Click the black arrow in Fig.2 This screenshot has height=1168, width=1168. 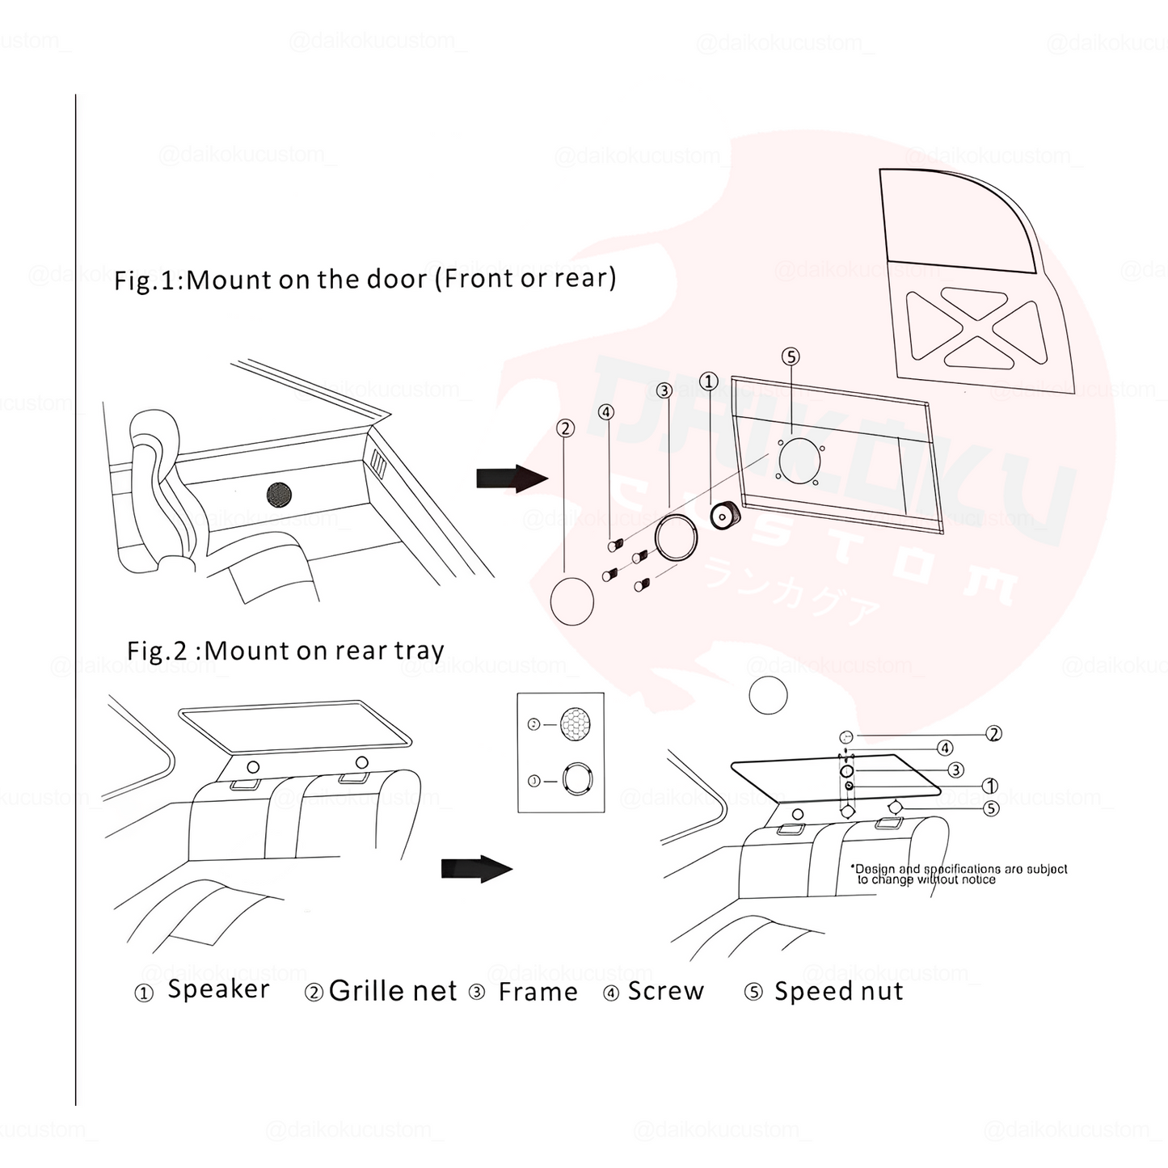tap(476, 869)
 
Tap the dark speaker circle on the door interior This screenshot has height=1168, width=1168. tap(280, 494)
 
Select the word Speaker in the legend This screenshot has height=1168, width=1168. tap(218, 989)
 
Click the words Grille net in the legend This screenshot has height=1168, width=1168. tap(393, 991)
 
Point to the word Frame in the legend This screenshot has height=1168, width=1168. tap(538, 992)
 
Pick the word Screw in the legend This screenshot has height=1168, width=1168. tap(665, 991)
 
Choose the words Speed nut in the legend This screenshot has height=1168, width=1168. tap(838, 991)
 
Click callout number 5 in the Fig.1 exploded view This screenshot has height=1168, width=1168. tap(791, 356)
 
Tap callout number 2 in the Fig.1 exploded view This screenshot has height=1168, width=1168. tap(566, 428)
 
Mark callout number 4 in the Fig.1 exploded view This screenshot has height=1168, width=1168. tap(606, 412)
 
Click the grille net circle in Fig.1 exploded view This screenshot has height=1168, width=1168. tap(571, 601)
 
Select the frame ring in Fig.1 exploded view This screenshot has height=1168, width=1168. tap(677, 538)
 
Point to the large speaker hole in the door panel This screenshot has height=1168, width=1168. tap(799, 458)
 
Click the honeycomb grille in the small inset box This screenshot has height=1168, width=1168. tap(576, 723)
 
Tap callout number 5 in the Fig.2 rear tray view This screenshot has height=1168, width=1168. tap(991, 808)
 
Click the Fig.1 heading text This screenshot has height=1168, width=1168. tap(365, 279)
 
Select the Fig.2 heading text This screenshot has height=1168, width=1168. tap(285, 651)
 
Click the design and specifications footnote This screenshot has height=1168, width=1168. tap(960, 874)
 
